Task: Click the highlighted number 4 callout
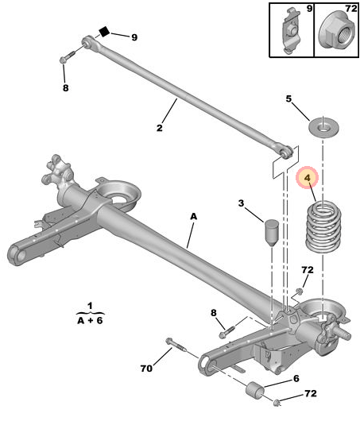[x=307, y=177]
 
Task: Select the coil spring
[x=323, y=227]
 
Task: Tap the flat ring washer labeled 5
[x=323, y=127]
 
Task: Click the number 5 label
[x=288, y=99]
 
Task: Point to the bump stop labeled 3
[x=271, y=233]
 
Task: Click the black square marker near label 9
[x=104, y=32]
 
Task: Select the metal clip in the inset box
[x=291, y=31]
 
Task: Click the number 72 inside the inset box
[x=351, y=9]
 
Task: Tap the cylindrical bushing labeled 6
[x=255, y=392]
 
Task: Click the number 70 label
[x=146, y=369]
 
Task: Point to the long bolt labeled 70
[x=176, y=345]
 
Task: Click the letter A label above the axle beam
[x=193, y=216]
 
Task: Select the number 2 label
[x=160, y=128]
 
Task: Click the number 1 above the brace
[x=91, y=306]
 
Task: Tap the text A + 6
[x=91, y=320]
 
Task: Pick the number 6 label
[x=296, y=379]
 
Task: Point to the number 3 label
[x=241, y=203]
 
